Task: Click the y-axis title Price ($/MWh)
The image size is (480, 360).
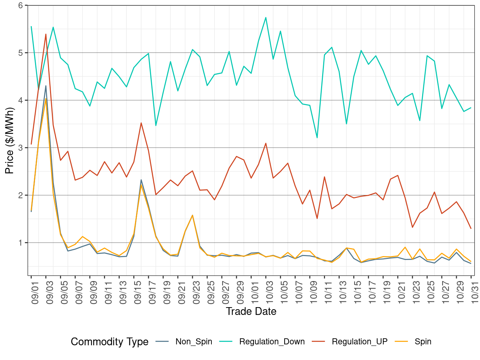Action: [9, 140]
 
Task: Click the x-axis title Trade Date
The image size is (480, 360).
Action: [251, 311]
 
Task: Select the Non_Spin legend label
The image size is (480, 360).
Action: [194, 342]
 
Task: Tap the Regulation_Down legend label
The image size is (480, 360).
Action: [272, 342]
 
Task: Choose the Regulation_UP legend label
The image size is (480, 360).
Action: [359, 342]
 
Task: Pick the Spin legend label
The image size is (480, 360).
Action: [423, 342]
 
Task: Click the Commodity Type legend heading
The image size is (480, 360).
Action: [109, 342]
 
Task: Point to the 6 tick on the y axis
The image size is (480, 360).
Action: [21, 5]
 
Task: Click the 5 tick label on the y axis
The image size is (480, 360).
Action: [21, 53]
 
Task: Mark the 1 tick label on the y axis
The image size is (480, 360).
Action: [21, 243]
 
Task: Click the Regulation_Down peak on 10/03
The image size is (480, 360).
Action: [266, 17]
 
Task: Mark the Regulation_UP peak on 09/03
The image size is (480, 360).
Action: [46, 34]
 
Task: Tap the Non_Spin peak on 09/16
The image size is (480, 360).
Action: [141, 180]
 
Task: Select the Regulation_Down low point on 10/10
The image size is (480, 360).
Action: [317, 137]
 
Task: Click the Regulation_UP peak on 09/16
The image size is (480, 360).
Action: [141, 123]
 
